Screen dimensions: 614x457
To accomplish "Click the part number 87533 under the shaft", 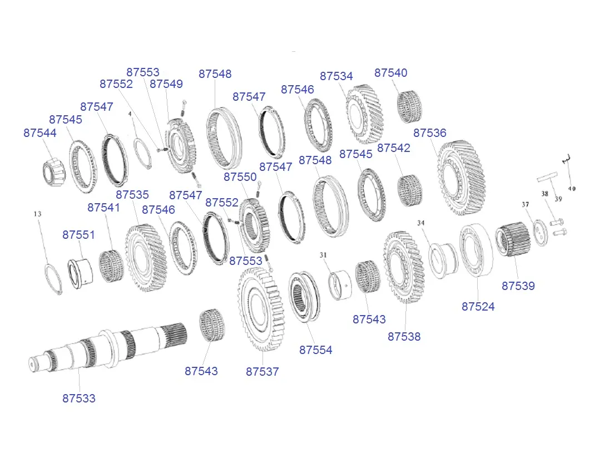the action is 79,398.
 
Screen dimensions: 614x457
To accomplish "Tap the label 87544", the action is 40,133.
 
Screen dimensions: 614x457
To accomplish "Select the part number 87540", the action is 391,73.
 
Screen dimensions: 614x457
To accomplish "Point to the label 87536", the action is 430,133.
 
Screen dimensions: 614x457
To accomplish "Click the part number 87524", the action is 478,307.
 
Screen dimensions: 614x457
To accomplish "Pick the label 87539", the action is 518,286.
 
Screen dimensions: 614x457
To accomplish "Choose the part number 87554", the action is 315,350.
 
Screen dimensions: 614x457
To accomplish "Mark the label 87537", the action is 263,372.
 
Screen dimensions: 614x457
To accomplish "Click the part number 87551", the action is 79,235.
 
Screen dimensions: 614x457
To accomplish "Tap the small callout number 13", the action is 38,214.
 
